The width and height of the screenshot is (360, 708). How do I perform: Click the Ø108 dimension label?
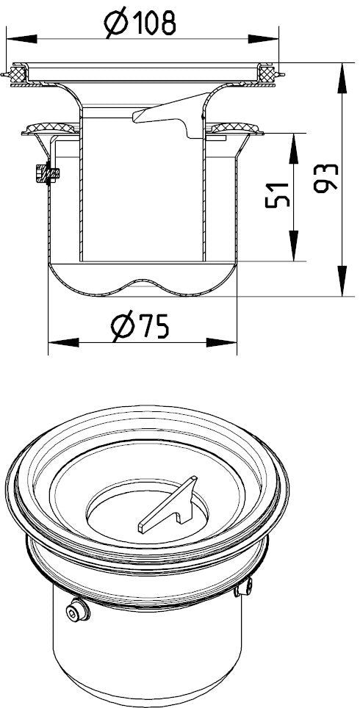(140, 24)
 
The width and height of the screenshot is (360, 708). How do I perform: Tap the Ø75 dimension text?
(140, 325)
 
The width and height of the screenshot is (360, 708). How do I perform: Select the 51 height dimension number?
(276, 195)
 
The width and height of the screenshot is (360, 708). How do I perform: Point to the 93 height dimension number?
(325, 178)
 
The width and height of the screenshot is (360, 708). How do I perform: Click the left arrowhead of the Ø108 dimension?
(22, 39)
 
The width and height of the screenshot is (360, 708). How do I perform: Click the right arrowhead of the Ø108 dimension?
(263, 39)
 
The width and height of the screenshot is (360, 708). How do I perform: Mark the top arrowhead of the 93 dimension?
(342, 78)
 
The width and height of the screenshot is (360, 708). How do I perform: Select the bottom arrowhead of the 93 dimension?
(342, 281)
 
